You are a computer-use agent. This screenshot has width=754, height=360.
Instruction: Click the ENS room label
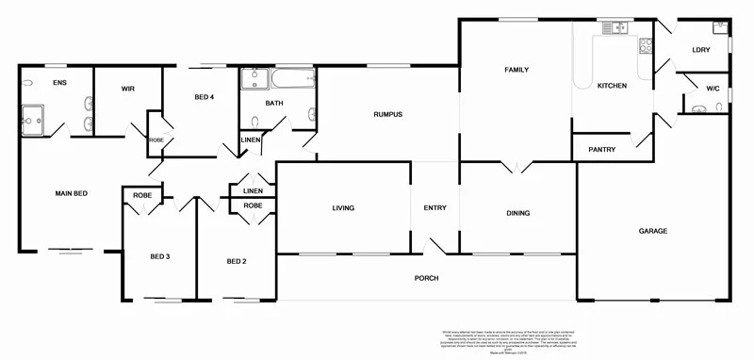coord(59,83)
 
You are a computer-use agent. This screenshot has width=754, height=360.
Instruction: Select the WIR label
coord(129,89)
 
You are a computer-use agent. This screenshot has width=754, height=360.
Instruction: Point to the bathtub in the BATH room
coord(291,79)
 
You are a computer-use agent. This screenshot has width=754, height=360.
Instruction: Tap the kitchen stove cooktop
coord(646,44)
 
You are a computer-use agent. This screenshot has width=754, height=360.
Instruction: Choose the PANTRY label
coord(601,150)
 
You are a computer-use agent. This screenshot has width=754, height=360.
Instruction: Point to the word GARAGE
coord(652,231)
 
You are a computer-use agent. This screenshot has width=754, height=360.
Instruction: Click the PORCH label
coord(426,279)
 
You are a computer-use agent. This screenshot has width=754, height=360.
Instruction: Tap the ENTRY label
coord(434,208)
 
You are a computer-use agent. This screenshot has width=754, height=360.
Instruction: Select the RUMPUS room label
coord(387,115)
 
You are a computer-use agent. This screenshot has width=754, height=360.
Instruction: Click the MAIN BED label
coord(71,193)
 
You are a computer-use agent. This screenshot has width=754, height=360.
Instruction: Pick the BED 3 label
coord(159,256)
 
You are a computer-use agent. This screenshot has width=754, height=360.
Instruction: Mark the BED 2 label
coord(236,261)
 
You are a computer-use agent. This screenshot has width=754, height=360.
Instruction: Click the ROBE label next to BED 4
coord(156,140)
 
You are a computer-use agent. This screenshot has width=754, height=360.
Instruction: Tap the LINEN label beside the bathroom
coord(250,140)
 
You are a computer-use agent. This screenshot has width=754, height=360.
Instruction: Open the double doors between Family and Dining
coord(516,167)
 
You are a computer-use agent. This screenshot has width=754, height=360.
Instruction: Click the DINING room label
coord(517,213)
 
